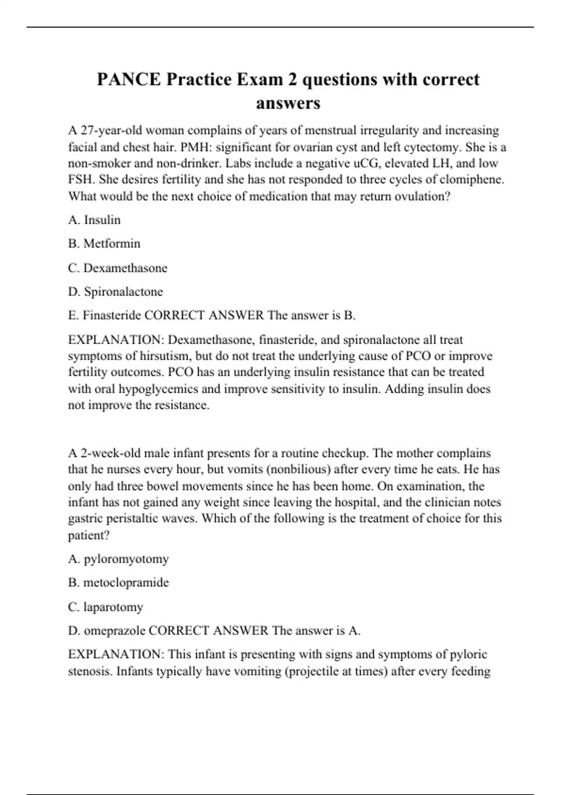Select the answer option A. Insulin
click(94, 220)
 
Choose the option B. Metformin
click(104, 244)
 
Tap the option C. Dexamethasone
click(118, 268)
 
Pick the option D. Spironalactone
click(115, 292)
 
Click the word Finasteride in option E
click(112, 316)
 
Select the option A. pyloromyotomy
click(118, 559)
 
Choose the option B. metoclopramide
click(118, 583)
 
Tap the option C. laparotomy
click(106, 607)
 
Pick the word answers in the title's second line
click(288, 103)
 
